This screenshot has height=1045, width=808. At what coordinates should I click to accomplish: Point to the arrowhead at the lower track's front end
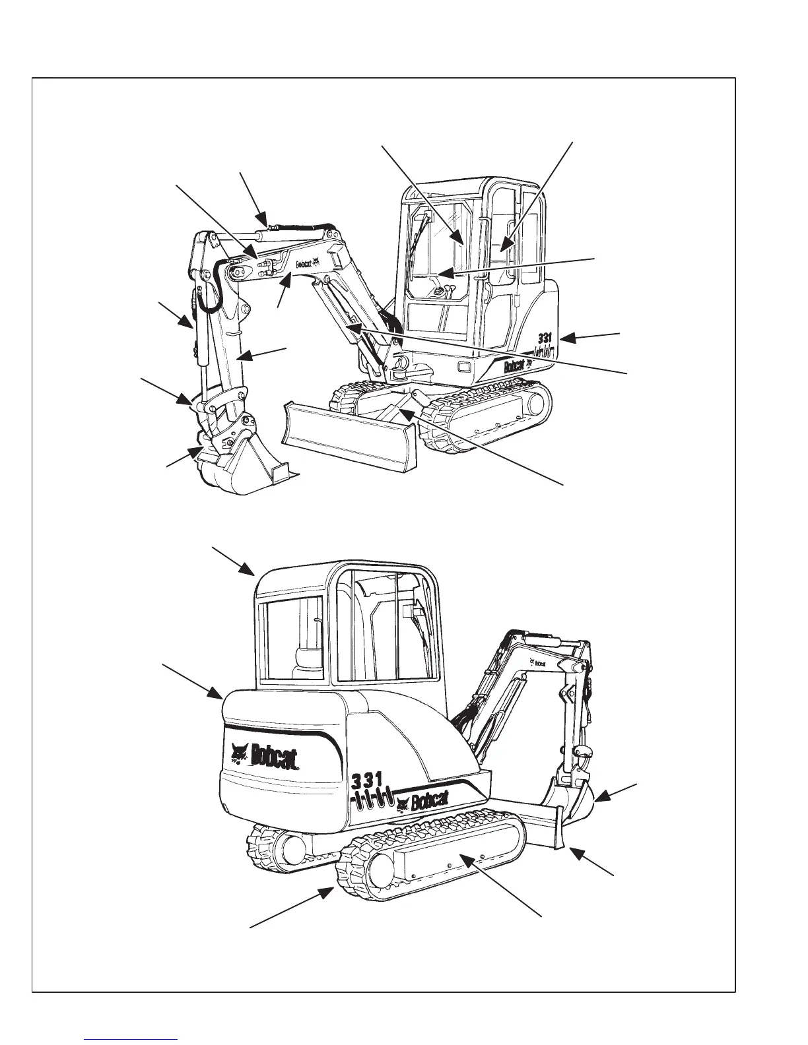click(328, 893)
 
